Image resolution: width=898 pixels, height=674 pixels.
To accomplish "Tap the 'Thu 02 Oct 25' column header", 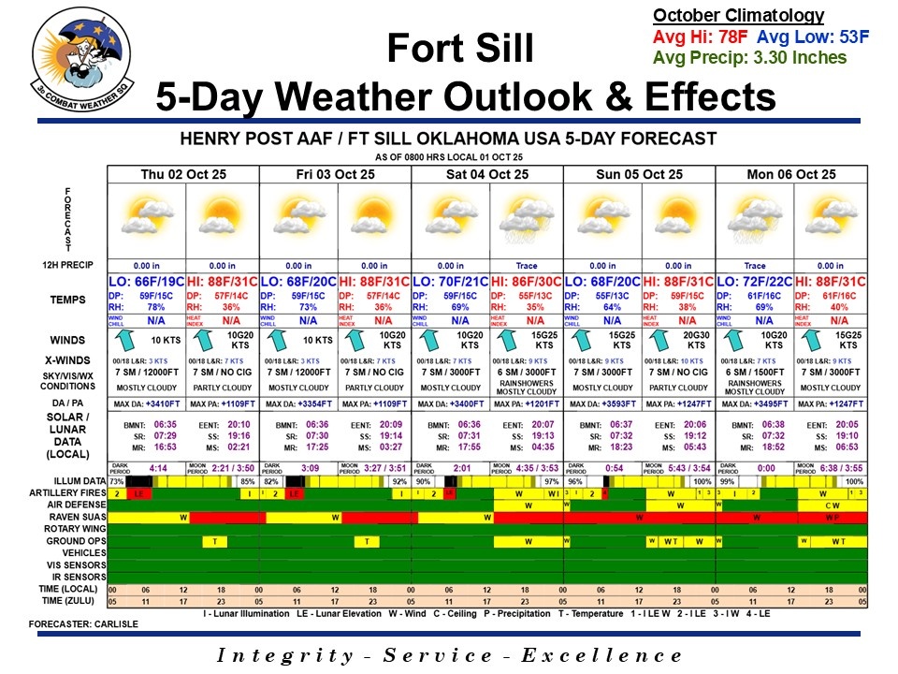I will tap(183, 174).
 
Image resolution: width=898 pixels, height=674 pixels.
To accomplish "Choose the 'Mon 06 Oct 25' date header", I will tap(791, 174).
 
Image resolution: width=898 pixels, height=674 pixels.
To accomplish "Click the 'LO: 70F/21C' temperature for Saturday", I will tap(450, 282).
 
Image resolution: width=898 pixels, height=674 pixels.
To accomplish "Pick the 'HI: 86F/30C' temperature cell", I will tap(526, 282).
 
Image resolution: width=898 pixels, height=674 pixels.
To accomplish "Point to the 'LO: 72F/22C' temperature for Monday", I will tap(754, 282).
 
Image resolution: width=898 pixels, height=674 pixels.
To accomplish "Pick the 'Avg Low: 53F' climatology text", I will tap(813, 37).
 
